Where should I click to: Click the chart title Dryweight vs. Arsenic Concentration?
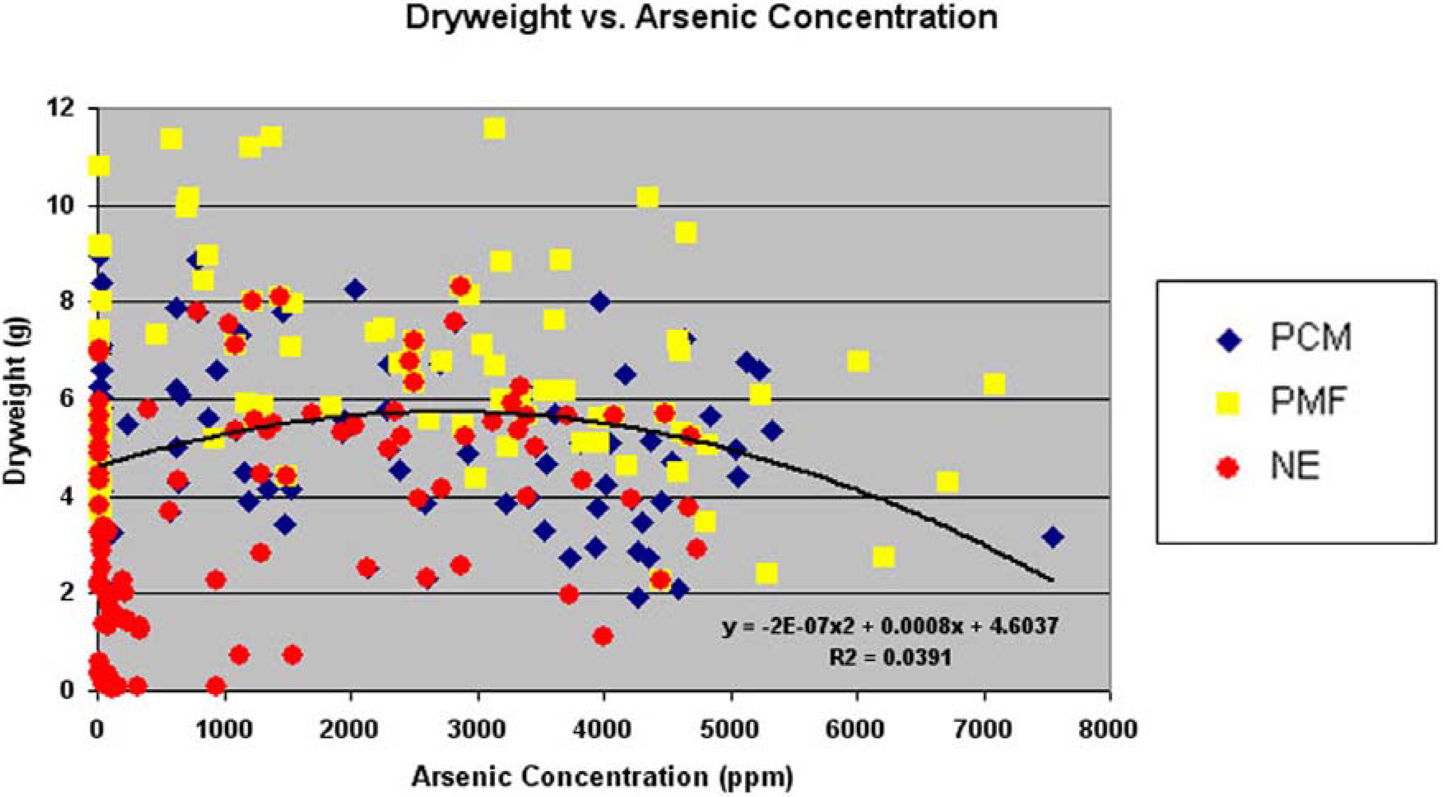tap(701, 18)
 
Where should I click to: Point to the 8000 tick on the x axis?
tap(1109, 730)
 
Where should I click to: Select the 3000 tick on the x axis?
tap(477, 730)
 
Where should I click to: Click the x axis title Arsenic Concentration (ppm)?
tap(602, 777)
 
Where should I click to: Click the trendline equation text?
tap(890, 626)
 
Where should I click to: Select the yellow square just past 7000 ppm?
tap(994, 384)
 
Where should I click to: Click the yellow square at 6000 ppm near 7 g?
tap(858, 362)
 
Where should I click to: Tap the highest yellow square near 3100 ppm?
tap(495, 128)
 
